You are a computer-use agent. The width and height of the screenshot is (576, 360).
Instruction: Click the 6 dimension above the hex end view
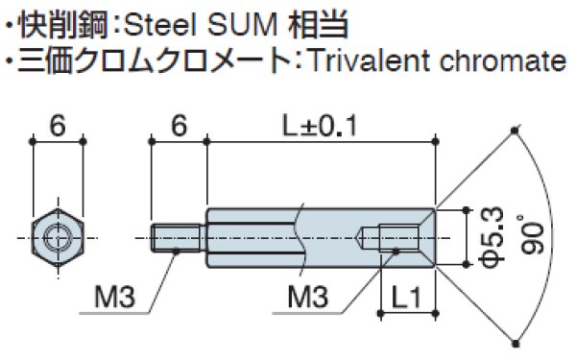point(59,127)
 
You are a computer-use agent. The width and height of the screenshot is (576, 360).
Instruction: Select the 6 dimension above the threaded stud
point(177,127)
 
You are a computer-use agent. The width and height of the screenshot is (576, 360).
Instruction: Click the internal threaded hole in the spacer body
point(396,234)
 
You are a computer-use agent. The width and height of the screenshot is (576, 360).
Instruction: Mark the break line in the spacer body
point(300,233)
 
